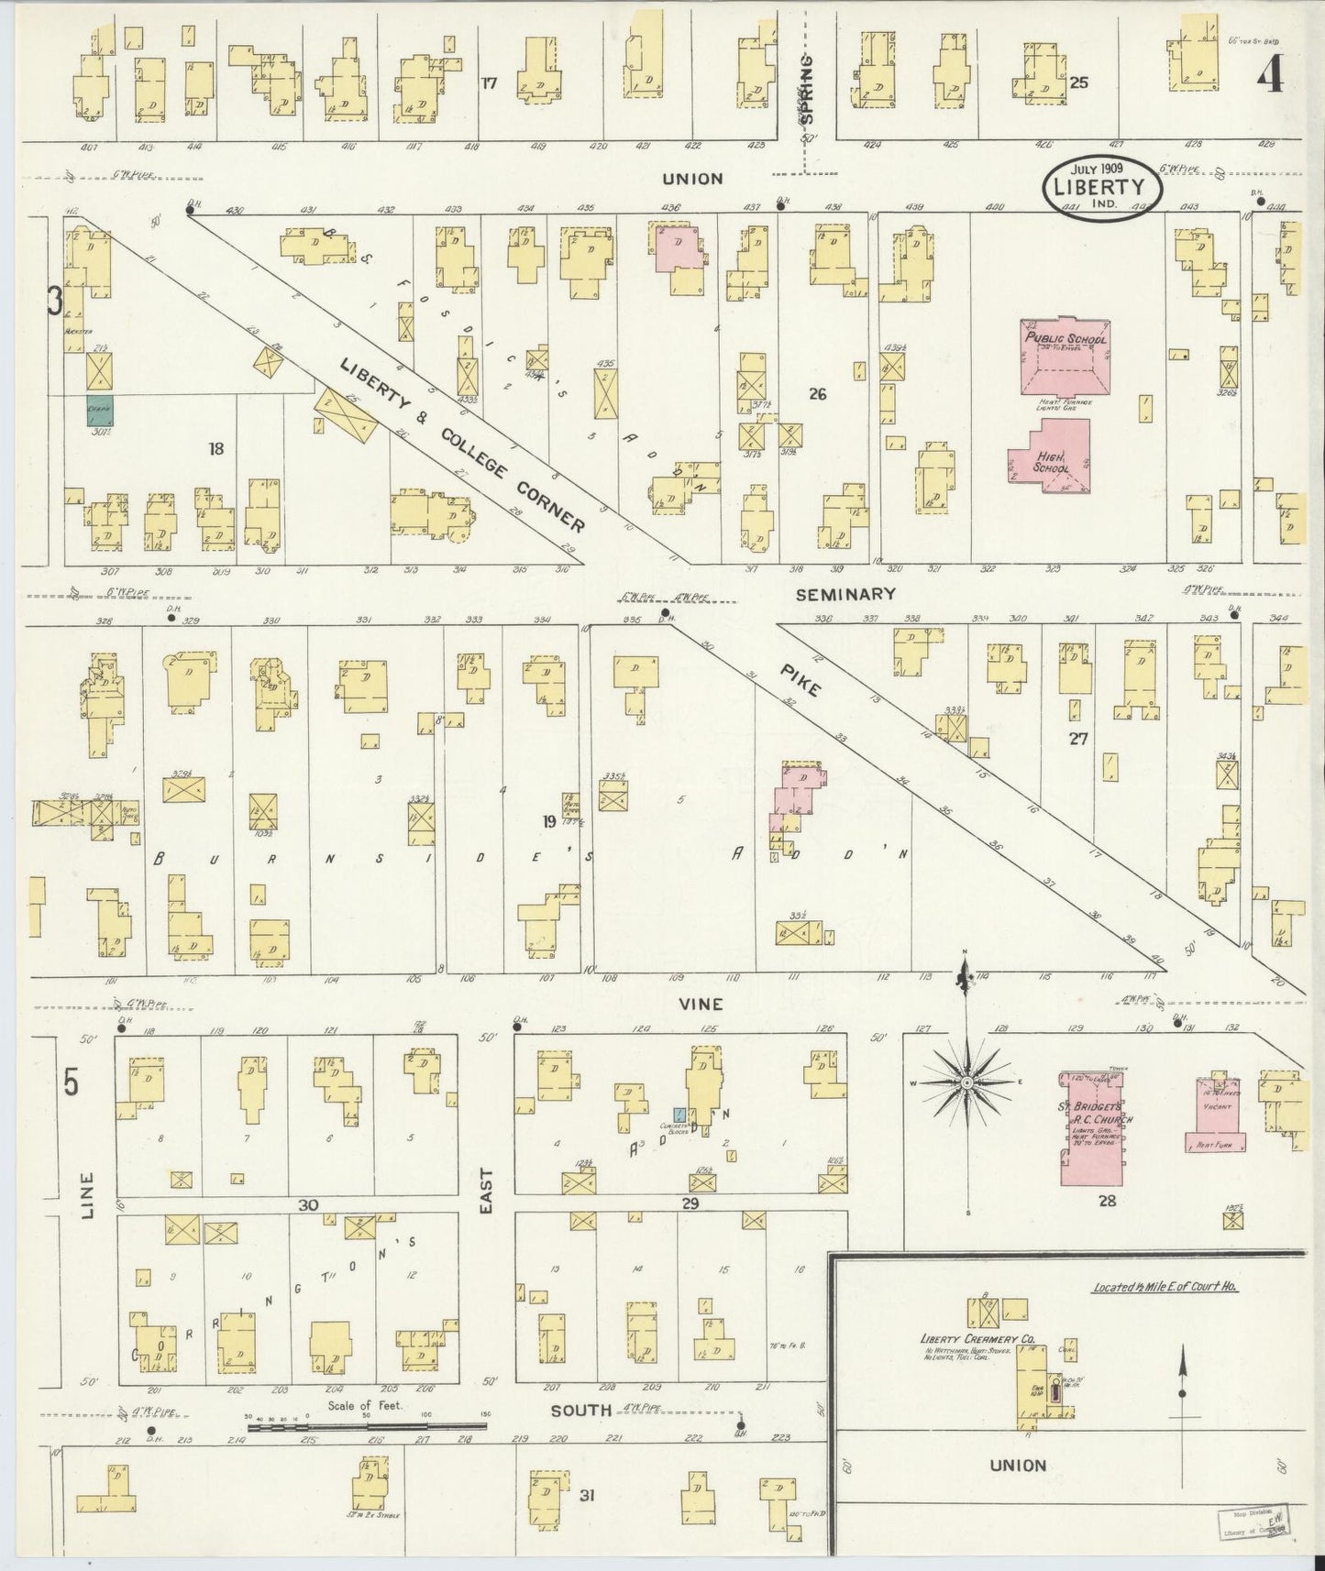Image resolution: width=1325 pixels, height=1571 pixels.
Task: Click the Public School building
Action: point(1065,357)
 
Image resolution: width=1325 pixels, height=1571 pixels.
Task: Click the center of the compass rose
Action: point(966,1083)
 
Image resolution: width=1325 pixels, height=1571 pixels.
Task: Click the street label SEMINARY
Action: point(845,595)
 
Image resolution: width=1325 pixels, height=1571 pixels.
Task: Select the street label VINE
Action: point(701,1004)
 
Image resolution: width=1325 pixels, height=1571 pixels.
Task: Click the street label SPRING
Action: point(807,101)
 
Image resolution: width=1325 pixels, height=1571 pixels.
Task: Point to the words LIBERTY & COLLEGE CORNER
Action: point(463,445)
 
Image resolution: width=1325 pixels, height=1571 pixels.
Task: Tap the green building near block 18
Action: point(100,410)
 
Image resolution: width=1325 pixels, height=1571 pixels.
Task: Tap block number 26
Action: point(818,394)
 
